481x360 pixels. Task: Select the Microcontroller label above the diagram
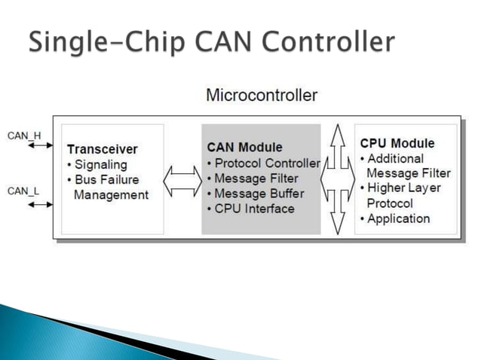pyautogui.click(x=262, y=96)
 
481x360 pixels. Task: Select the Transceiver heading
pyautogui.click(x=102, y=149)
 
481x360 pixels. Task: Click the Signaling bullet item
pyautogui.click(x=100, y=164)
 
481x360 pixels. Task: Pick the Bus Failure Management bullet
pyautogui.click(x=107, y=188)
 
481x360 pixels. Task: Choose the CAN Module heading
pyautogui.click(x=244, y=148)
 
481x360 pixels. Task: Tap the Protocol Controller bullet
pyautogui.click(x=263, y=163)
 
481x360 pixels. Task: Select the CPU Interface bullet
pyautogui.click(x=250, y=209)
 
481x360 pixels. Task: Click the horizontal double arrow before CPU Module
pyautogui.click(x=337, y=179)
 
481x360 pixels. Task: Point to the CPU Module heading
pyautogui.click(x=397, y=143)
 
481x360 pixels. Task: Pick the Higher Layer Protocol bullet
pyautogui.click(x=400, y=196)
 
